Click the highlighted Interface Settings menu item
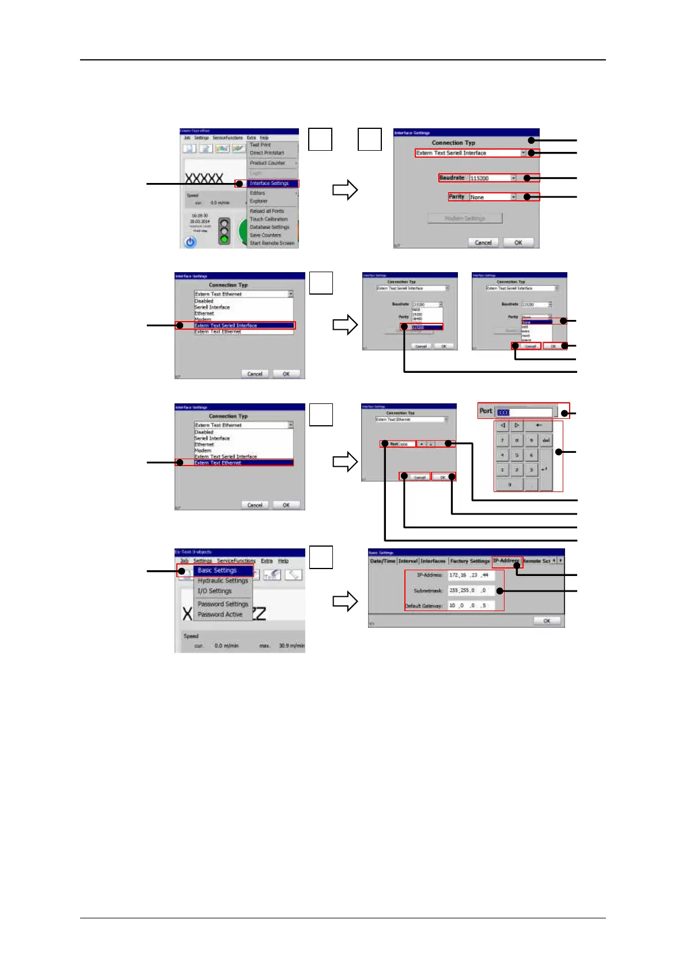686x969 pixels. coord(269,184)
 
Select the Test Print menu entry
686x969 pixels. coord(260,145)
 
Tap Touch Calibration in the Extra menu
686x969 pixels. coord(268,219)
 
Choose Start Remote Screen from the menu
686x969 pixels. coord(272,243)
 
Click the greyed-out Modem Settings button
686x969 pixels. coord(465,218)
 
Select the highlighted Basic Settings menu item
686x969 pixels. coord(217,570)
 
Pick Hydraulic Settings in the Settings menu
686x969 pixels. coord(223,581)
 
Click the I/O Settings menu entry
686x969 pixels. coord(215,591)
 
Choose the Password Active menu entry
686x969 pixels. coord(220,615)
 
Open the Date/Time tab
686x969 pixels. coord(382,561)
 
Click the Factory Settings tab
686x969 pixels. coord(470,561)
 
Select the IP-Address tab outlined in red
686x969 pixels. coord(506,560)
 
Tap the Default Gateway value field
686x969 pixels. coord(471,605)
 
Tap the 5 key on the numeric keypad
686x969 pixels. coord(517,455)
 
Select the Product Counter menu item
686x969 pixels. coord(267,163)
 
